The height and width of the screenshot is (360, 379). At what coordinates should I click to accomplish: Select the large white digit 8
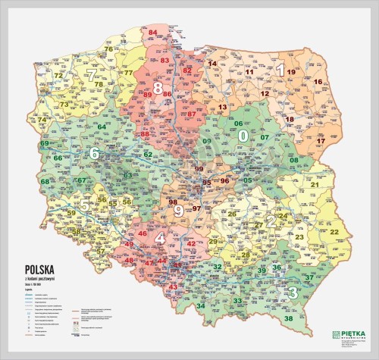click(158, 89)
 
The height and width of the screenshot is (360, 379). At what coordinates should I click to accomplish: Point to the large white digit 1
click(280, 70)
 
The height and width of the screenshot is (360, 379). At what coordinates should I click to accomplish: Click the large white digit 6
click(95, 154)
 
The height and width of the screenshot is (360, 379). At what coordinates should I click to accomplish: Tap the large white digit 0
click(243, 136)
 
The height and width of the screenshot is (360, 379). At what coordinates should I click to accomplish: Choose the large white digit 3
click(292, 292)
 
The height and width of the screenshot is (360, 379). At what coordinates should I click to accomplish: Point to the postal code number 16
click(318, 82)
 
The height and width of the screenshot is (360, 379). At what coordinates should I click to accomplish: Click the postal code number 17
click(321, 141)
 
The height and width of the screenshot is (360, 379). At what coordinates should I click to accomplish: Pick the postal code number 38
click(288, 318)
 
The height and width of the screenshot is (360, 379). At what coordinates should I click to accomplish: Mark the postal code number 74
click(42, 120)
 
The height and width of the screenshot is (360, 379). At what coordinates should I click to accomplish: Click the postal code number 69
click(45, 143)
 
